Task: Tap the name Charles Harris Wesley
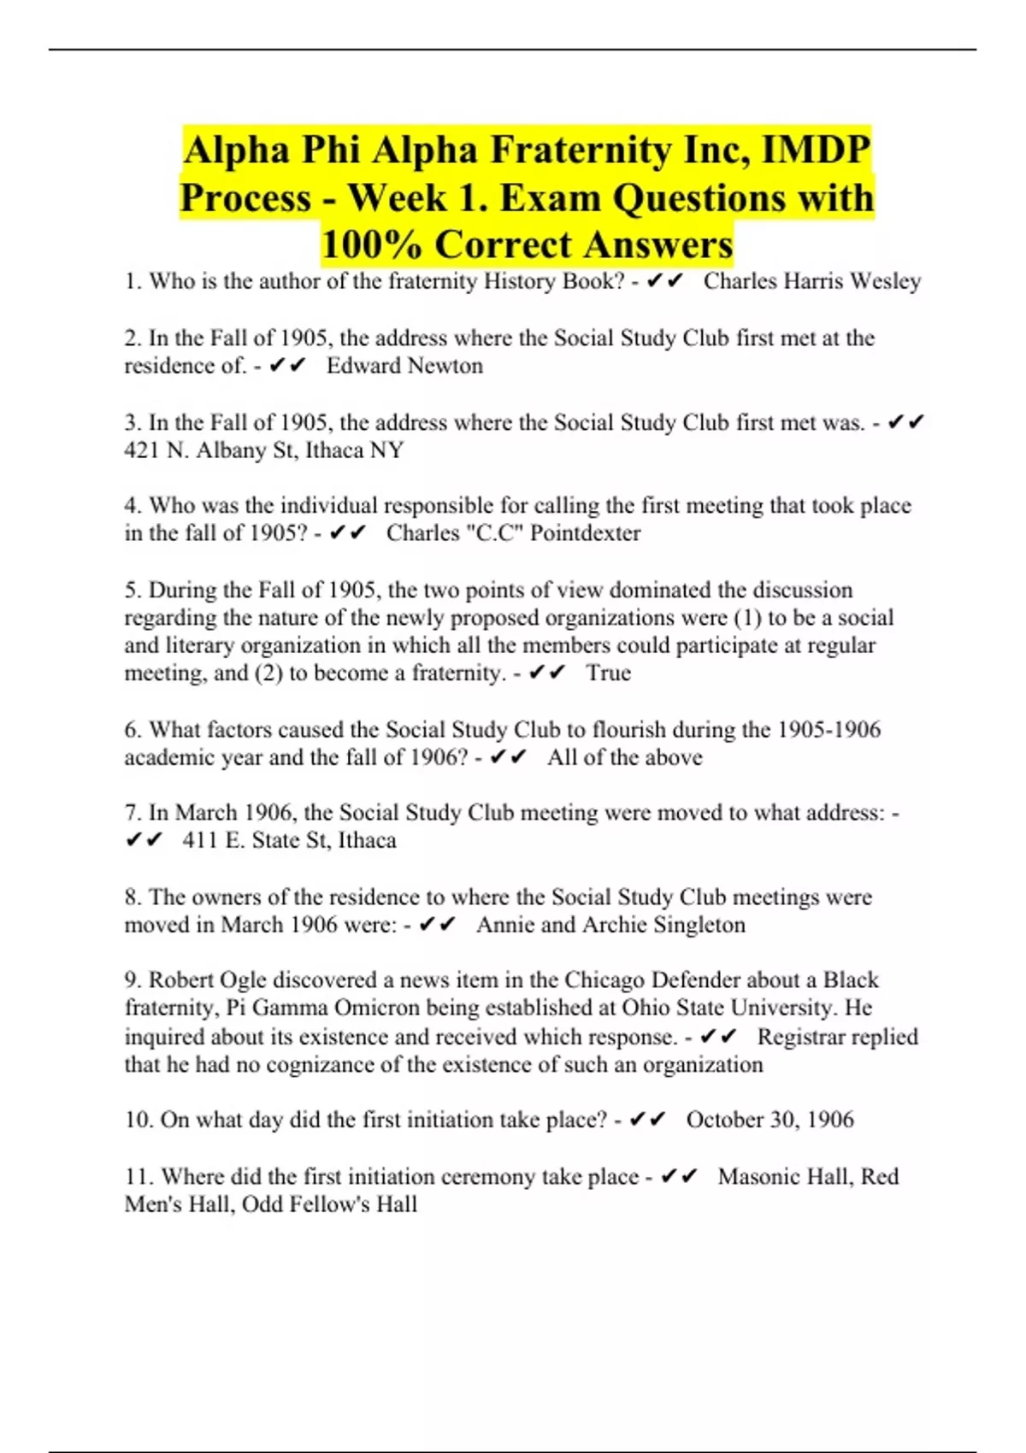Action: [811, 281]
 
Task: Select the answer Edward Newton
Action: [404, 366]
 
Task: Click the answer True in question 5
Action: [608, 673]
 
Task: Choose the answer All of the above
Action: [624, 757]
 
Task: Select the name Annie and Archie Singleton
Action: [610, 925]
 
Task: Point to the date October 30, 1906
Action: [769, 1120]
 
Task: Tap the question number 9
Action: [133, 979]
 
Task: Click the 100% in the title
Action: [372, 244]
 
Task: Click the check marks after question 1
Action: [665, 281]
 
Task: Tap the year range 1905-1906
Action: [828, 730]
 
